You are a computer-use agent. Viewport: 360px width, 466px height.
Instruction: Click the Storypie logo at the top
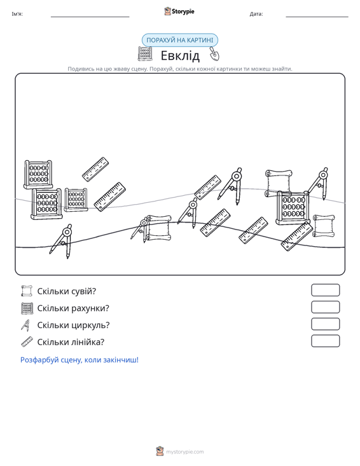179,11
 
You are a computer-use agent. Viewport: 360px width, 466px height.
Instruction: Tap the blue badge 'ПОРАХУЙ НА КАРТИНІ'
179,40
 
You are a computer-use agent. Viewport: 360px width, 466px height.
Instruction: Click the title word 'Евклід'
180,55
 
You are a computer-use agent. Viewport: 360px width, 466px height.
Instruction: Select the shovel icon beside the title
214,53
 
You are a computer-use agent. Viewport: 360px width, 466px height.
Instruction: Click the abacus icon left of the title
145,53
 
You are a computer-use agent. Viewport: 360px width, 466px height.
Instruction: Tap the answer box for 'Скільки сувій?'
325,290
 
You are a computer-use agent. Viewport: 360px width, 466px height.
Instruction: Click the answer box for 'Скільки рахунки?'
325,307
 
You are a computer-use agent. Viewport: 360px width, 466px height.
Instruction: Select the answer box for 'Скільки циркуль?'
325,324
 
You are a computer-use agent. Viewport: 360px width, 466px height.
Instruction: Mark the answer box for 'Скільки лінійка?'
325,341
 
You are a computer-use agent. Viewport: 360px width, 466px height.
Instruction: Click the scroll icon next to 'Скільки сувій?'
27,291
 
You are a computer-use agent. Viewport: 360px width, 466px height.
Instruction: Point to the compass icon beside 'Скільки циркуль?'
26,325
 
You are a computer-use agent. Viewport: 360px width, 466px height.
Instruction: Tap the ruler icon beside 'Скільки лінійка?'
27,342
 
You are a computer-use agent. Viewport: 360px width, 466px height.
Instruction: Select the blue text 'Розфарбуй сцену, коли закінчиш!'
80,360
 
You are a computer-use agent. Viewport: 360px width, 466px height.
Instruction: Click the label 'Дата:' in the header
256,14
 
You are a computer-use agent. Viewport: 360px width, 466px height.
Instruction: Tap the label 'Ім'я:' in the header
17,14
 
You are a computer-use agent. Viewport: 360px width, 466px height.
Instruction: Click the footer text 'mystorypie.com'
184,452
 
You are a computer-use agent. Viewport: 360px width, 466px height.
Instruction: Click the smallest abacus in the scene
76,200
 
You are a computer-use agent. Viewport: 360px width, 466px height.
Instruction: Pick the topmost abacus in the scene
38,174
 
